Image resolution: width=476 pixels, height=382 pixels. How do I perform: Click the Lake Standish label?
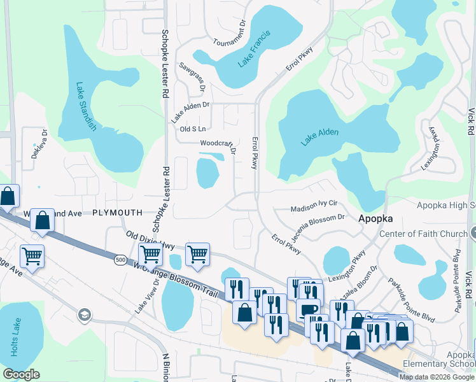click(85, 107)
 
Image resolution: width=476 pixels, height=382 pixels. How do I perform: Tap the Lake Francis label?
click(254, 49)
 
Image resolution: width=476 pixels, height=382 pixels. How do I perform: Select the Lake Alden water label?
click(319, 137)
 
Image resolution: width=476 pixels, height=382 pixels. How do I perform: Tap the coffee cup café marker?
click(309, 309)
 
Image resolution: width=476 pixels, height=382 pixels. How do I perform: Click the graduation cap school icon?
click(84, 315)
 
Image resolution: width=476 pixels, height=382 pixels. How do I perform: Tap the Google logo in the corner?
click(22, 374)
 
